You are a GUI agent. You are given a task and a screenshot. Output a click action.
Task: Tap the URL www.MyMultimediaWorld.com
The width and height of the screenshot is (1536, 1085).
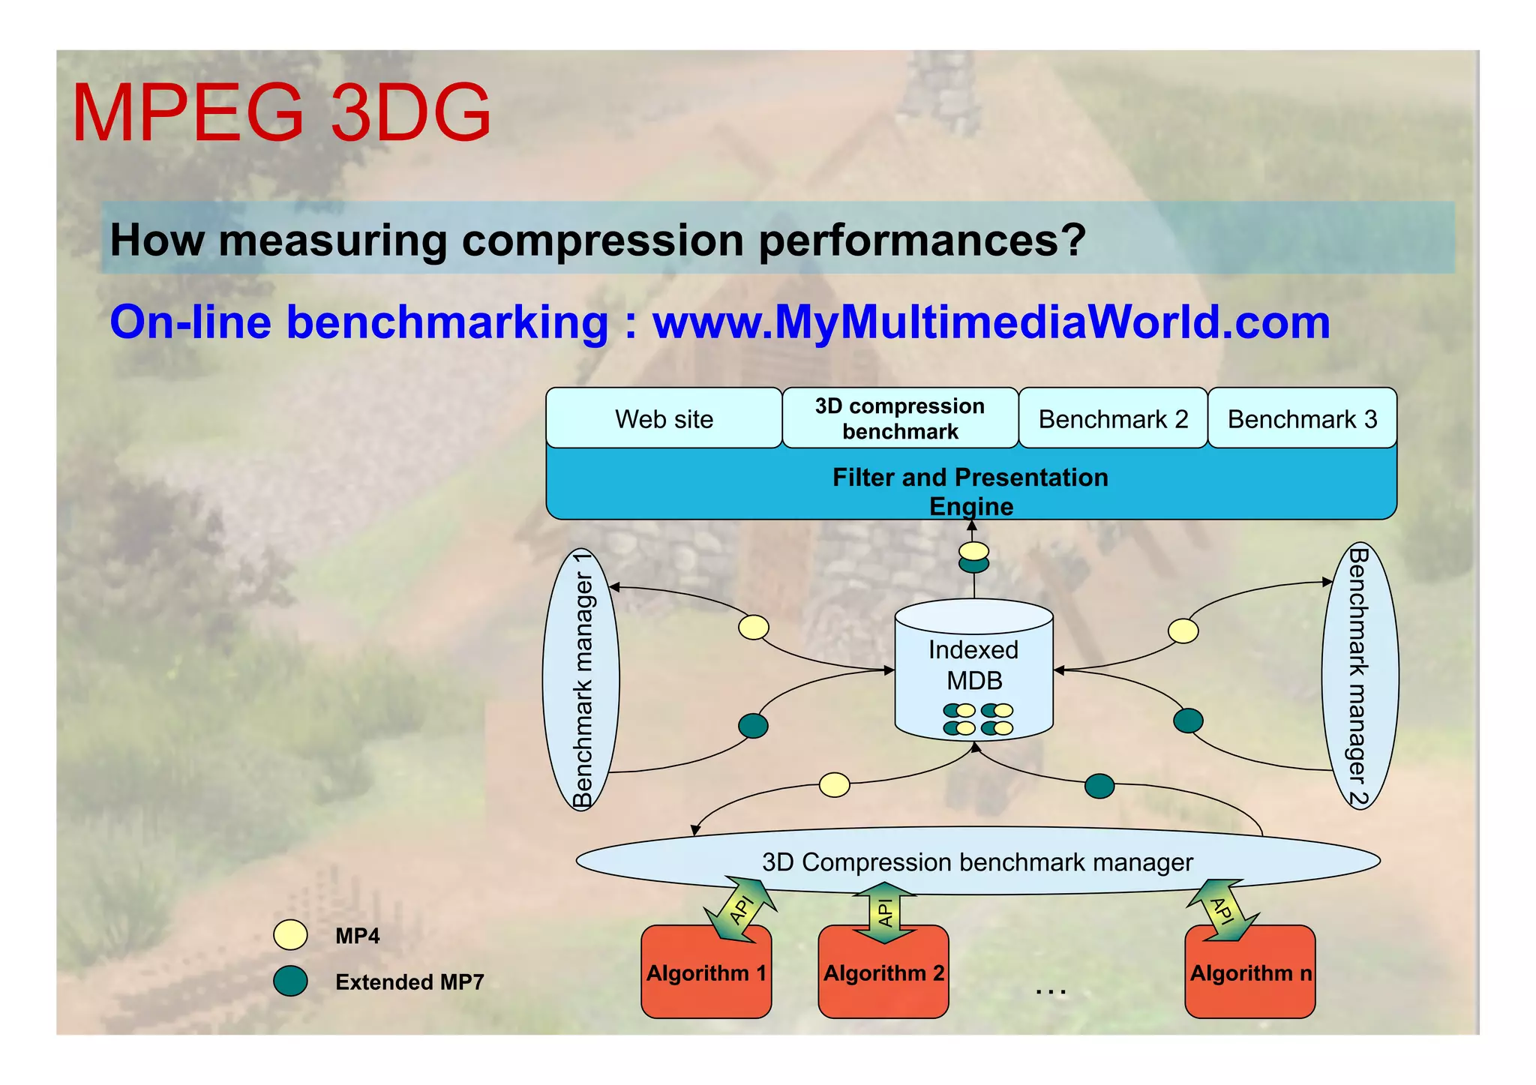pos(991,322)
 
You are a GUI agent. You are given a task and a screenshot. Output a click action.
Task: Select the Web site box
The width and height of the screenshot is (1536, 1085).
pos(664,418)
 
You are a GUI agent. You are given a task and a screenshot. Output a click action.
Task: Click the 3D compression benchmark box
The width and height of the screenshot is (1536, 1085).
pos(900,418)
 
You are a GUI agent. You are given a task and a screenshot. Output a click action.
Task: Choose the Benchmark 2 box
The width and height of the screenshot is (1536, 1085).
pos(1113,418)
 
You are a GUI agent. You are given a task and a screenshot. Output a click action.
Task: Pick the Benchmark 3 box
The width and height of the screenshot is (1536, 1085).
pos(1302,418)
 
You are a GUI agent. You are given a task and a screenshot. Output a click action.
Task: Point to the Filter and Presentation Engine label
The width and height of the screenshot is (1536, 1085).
pos(970,490)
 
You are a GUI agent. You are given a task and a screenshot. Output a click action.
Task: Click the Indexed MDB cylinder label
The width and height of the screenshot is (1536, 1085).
pos(973,664)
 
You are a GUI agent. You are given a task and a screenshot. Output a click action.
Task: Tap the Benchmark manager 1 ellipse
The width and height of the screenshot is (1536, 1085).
pos(581,679)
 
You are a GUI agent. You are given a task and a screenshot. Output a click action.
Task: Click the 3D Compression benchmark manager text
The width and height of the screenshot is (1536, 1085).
pos(977,862)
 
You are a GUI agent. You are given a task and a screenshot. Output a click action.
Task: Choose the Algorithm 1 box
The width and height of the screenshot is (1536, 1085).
pos(706,973)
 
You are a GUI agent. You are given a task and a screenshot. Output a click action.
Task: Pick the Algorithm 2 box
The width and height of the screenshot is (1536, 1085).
pos(883,973)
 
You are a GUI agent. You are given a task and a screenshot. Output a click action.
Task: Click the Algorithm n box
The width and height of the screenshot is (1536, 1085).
pos(1250,973)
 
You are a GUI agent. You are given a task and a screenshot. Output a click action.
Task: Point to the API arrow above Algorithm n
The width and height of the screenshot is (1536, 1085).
pos(1222,910)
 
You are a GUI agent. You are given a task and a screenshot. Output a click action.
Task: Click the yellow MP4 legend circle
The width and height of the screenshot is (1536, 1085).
pos(290,935)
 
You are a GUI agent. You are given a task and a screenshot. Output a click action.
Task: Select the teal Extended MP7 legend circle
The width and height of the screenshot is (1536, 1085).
pos(290,981)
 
